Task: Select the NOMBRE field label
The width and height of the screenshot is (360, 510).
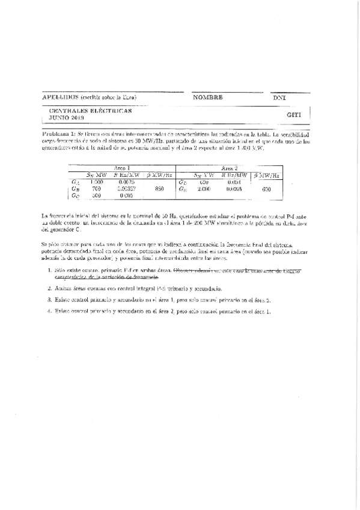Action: point(208,97)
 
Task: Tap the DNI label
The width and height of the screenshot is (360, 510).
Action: point(279,97)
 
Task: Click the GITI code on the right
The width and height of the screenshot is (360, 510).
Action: point(294,114)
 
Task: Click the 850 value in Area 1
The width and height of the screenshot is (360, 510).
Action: point(159,188)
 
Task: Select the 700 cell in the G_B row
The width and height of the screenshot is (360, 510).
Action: point(97,188)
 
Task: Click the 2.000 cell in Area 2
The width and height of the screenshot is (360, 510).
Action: point(204,188)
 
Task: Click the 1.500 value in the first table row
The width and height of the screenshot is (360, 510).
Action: point(96,181)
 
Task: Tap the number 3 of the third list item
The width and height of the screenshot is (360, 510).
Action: point(49,299)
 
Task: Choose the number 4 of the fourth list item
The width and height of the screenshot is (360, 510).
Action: point(49,311)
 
